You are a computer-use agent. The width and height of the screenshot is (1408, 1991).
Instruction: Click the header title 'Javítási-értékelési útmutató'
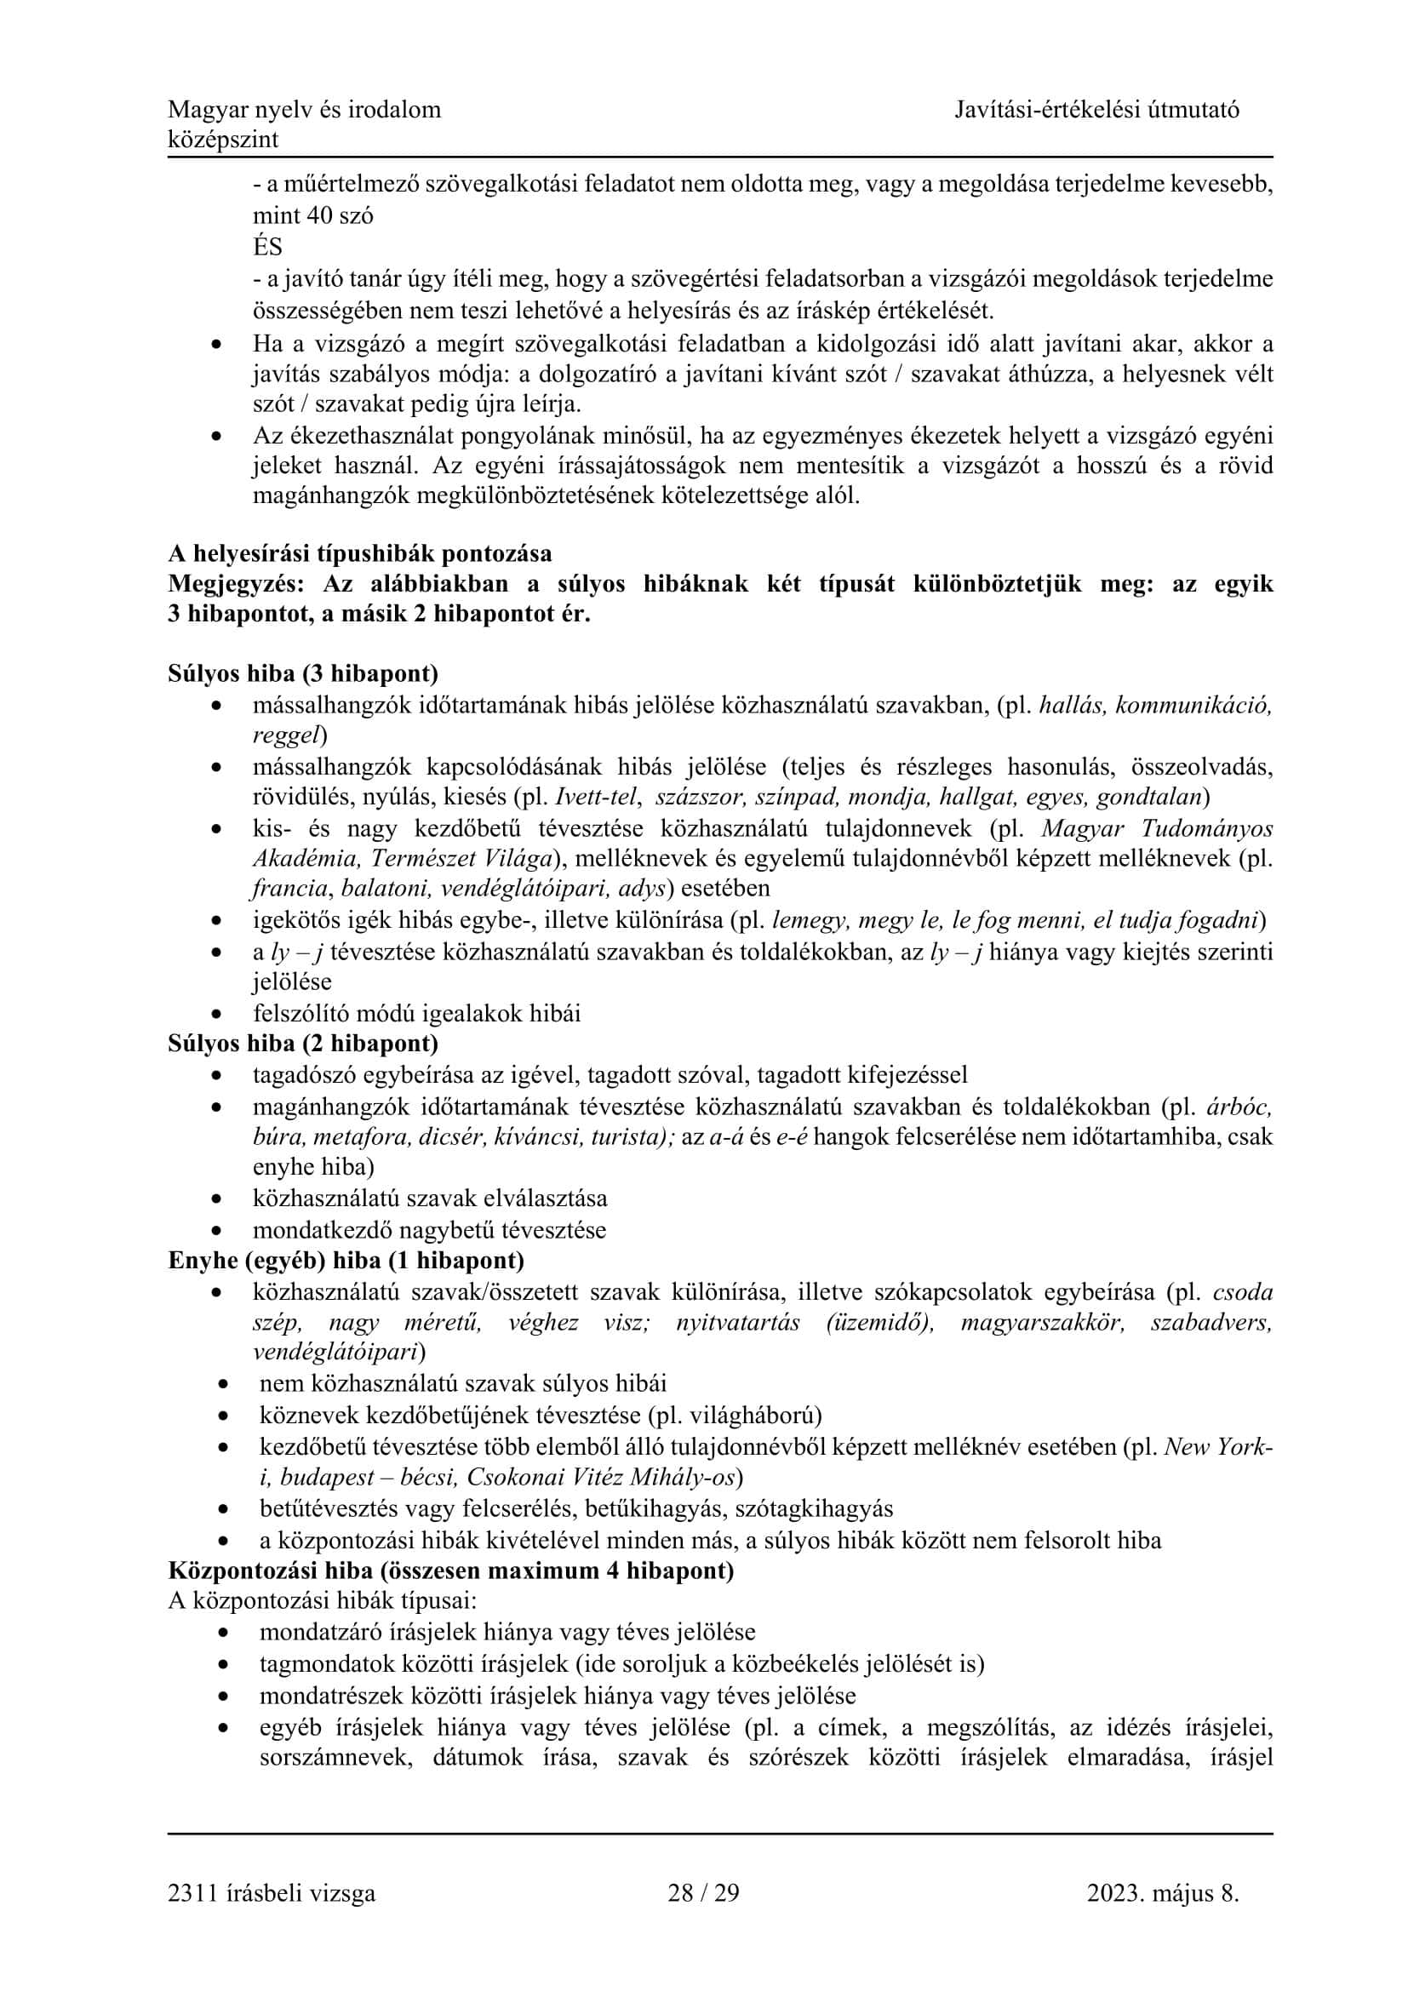click(x=1096, y=110)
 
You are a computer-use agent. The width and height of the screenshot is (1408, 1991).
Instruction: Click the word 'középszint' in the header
click(x=223, y=140)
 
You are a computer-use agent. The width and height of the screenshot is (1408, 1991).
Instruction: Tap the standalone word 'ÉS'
click(x=268, y=247)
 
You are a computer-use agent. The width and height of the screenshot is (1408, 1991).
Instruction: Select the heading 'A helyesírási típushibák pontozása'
click(x=360, y=553)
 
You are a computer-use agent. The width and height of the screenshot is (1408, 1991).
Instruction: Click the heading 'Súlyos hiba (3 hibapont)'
click(x=302, y=673)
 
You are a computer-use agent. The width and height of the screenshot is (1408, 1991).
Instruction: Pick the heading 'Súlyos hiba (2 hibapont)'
click(x=302, y=1044)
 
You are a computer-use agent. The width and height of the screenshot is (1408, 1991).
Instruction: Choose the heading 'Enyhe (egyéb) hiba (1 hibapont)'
click(x=346, y=1260)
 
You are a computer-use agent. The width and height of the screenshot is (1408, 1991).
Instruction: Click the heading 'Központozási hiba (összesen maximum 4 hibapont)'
click(x=451, y=1570)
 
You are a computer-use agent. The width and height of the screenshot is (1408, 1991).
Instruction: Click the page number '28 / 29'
click(x=703, y=1892)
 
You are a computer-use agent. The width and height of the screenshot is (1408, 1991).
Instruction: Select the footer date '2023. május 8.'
click(x=1163, y=1892)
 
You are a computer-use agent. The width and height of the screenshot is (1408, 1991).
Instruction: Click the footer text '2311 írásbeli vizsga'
click(x=272, y=1892)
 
